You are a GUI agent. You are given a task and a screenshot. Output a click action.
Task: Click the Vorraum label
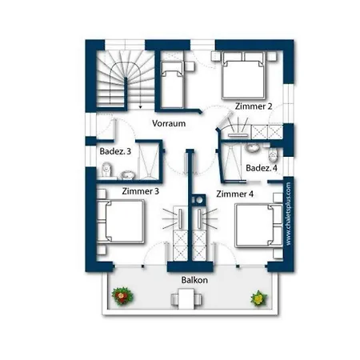point(169,123)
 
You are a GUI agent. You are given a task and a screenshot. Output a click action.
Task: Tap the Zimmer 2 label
point(254,106)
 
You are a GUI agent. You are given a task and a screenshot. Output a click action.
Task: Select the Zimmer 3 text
point(141,191)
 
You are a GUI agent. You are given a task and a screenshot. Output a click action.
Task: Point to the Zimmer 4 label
point(234,194)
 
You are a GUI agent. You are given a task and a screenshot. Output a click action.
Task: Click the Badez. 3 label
point(115,151)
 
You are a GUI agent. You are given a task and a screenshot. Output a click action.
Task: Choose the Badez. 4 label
point(262,168)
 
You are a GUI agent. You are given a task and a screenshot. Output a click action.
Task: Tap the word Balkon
point(194,280)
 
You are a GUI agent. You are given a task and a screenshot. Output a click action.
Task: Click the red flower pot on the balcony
point(122,296)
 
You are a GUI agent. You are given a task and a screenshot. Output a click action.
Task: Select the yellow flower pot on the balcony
point(258,298)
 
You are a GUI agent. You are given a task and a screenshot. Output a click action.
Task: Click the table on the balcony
point(186,298)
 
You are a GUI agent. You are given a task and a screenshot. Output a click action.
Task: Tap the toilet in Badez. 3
point(107,170)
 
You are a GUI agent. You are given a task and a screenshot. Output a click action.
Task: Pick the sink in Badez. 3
point(128,175)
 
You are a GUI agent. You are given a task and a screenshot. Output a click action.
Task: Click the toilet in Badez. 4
point(273,154)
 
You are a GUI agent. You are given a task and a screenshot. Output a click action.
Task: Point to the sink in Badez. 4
point(252,148)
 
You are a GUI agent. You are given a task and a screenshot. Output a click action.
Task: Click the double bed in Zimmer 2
point(242,76)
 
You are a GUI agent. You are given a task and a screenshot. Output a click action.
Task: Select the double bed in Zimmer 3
point(121,222)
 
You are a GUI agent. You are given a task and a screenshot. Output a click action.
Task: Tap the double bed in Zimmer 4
point(258,226)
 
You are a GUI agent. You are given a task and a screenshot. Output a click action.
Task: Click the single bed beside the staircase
point(173,85)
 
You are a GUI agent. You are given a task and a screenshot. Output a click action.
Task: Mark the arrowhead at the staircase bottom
point(141,107)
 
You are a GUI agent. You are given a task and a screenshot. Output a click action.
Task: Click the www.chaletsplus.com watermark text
point(288,214)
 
